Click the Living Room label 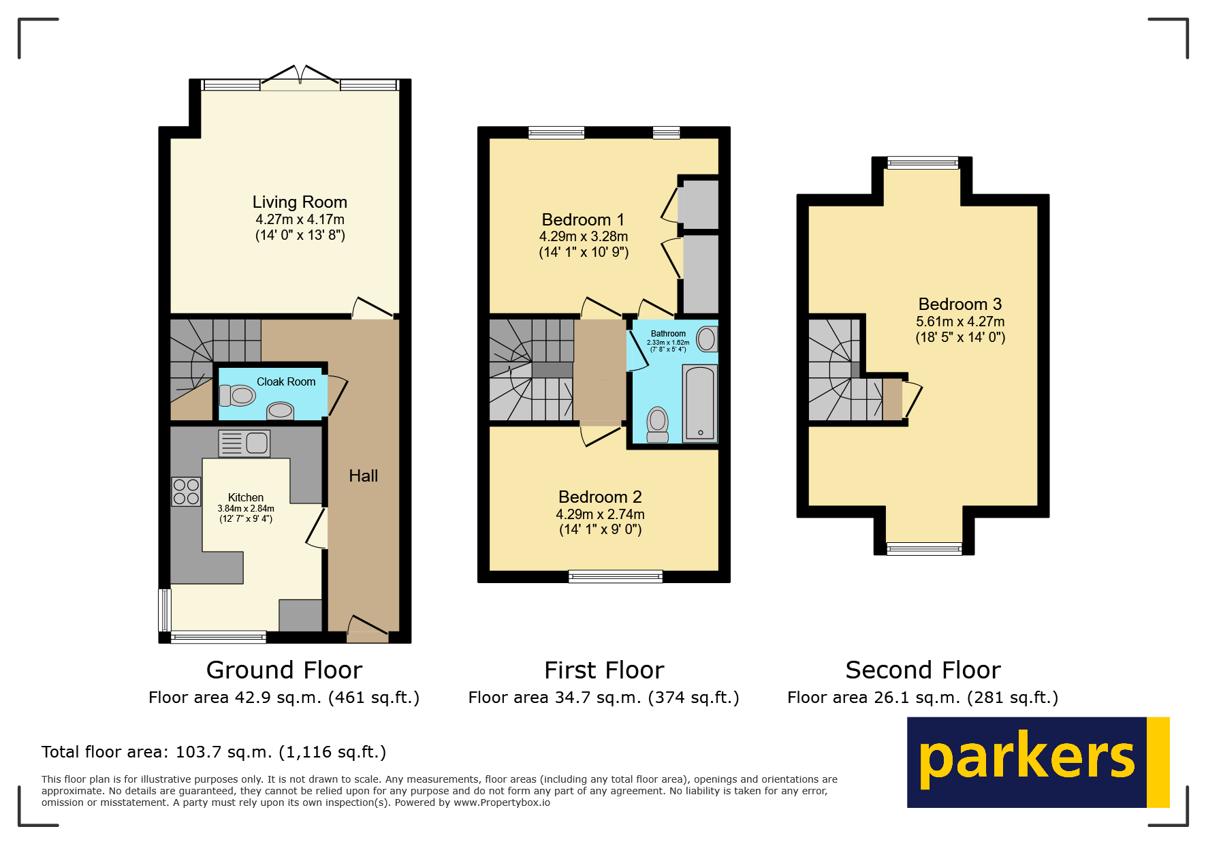click(x=300, y=202)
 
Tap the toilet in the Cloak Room click(x=238, y=395)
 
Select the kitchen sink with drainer click(x=244, y=443)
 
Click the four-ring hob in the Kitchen click(x=186, y=492)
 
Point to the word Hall click(x=363, y=476)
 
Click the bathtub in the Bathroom click(x=700, y=403)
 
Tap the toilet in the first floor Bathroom click(x=658, y=424)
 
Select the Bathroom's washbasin click(x=707, y=339)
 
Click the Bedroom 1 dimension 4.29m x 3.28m click(x=584, y=236)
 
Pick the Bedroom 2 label click(x=600, y=497)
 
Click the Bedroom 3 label click(x=959, y=304)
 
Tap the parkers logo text click(x=1027, y=760)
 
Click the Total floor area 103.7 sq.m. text click(x=214, y=752)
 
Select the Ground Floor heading click(x=284, y=670)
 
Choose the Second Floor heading click(x=923, y=670)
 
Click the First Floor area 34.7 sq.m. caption click(x=603, y=698)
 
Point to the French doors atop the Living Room click(x=300, y=79)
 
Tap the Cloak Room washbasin click(x=280, y=410)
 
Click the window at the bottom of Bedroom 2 click(x=616, y=577)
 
